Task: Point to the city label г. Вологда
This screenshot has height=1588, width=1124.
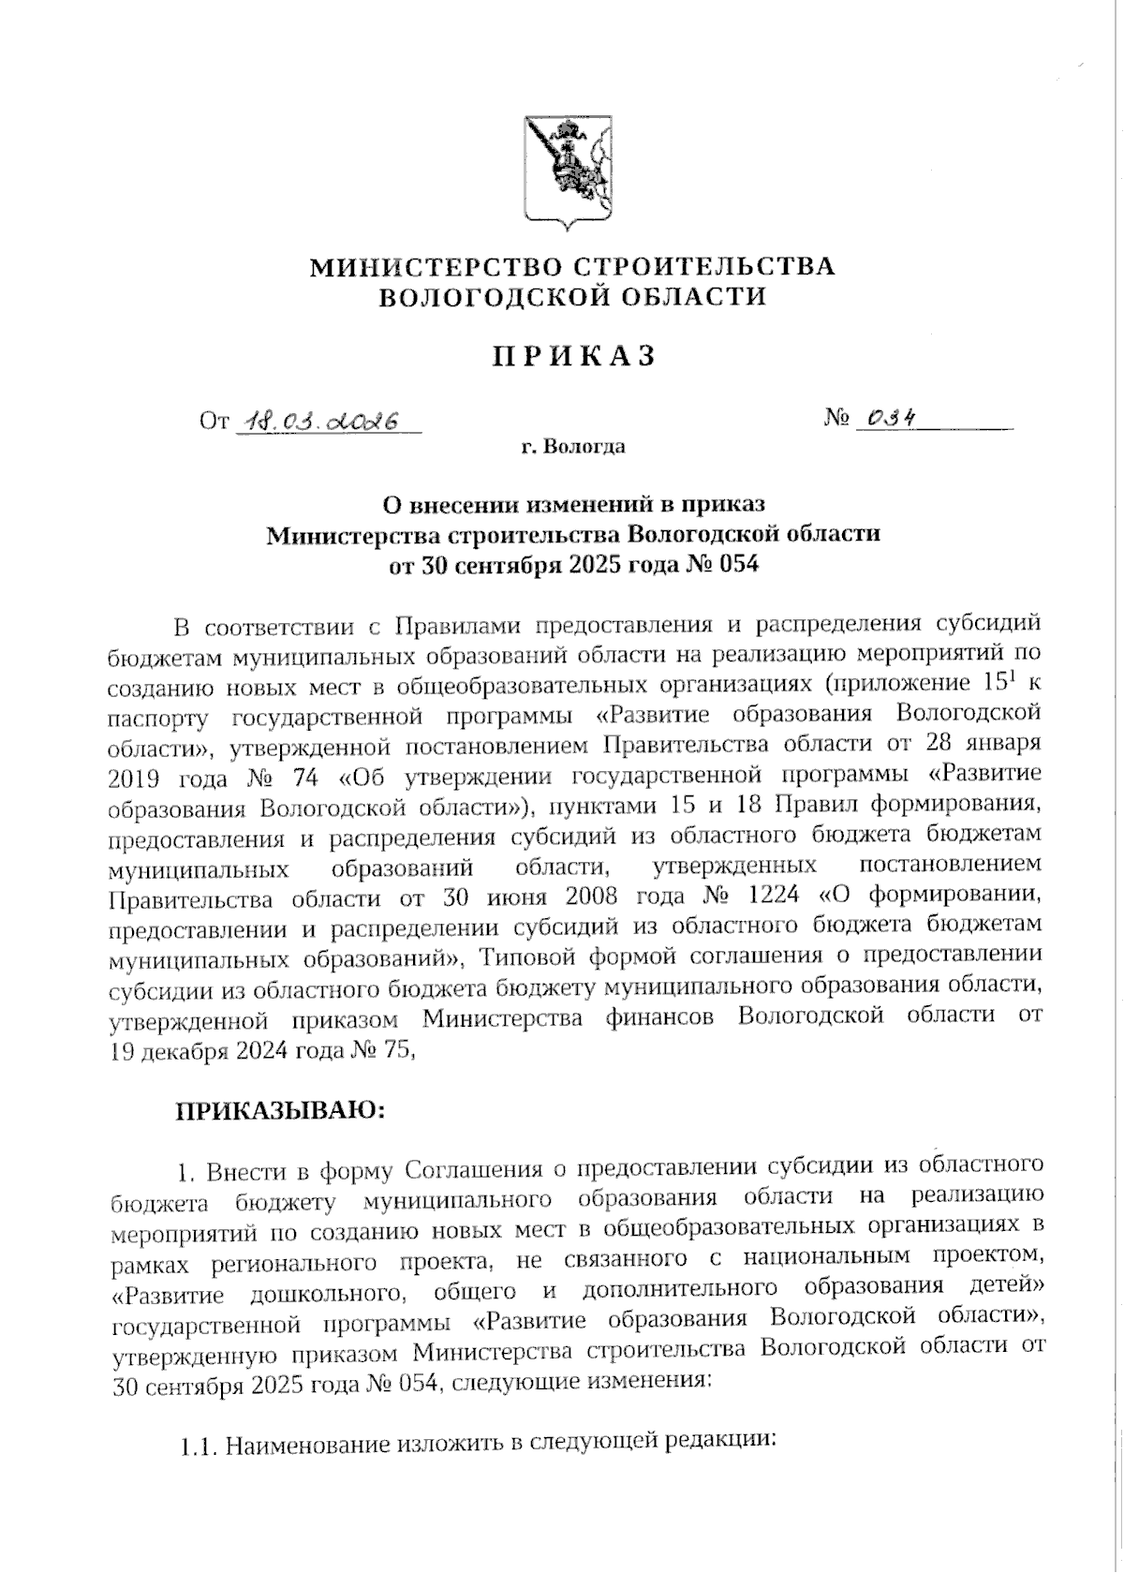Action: [x=573, y=447]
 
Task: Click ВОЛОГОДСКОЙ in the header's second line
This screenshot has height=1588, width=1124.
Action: [x=497, y=297]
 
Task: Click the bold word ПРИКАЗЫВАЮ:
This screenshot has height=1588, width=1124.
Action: [x=281, y=1111]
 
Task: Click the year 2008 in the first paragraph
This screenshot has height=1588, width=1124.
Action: [x=596, y=895]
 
